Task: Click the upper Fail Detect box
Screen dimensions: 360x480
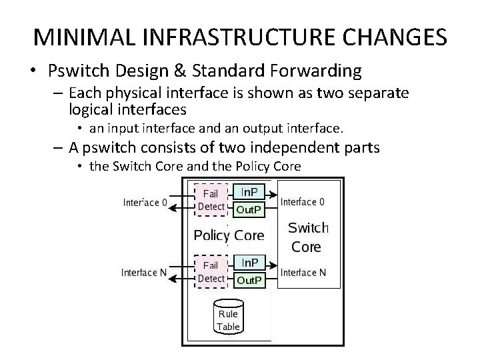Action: pos(211,199)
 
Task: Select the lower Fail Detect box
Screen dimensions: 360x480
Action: pos(211,271)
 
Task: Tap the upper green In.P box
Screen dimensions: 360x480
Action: pos(249,192)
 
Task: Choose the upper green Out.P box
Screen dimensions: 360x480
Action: pos(249,209)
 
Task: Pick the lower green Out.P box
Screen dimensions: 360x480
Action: pos(249,280)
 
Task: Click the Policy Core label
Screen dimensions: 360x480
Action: pos(229,235)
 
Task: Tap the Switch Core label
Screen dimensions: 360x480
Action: pos(307,237)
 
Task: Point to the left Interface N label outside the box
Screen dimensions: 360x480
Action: pos(144,272)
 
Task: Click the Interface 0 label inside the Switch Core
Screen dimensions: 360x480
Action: pos(304,201)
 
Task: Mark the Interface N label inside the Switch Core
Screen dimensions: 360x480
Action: pos(304,272)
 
